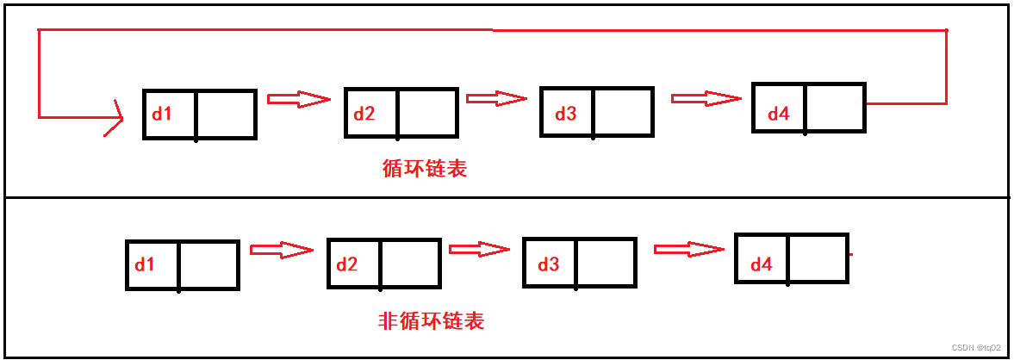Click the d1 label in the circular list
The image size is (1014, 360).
(x=162, y=114)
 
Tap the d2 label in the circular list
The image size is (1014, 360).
(x=364, y=114)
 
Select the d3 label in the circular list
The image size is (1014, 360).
(x=565, y=114)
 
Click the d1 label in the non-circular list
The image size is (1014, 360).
(x=144, y=264)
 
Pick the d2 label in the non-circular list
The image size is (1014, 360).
(x=346, y=264)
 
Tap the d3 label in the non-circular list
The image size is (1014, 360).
(x=548, y=264)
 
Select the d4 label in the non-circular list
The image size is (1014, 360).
(x=761, y=264)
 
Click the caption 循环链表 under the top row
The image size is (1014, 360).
(x=424, y=169)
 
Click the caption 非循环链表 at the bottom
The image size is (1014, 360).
(x=431, y=321)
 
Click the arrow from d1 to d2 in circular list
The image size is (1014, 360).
(x=299, y=99)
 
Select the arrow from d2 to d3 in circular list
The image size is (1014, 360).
(x=496, y=98)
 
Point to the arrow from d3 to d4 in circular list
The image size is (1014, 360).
(x=706, y=99)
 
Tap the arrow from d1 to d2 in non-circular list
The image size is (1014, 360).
(x=281, y=251)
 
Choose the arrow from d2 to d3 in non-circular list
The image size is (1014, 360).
(x=480, y=250)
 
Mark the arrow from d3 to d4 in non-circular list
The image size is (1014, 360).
(x=688, y=250)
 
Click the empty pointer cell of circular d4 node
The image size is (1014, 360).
(x=835, y=108)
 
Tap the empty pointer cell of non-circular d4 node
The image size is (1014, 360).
(x=818, y=258)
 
